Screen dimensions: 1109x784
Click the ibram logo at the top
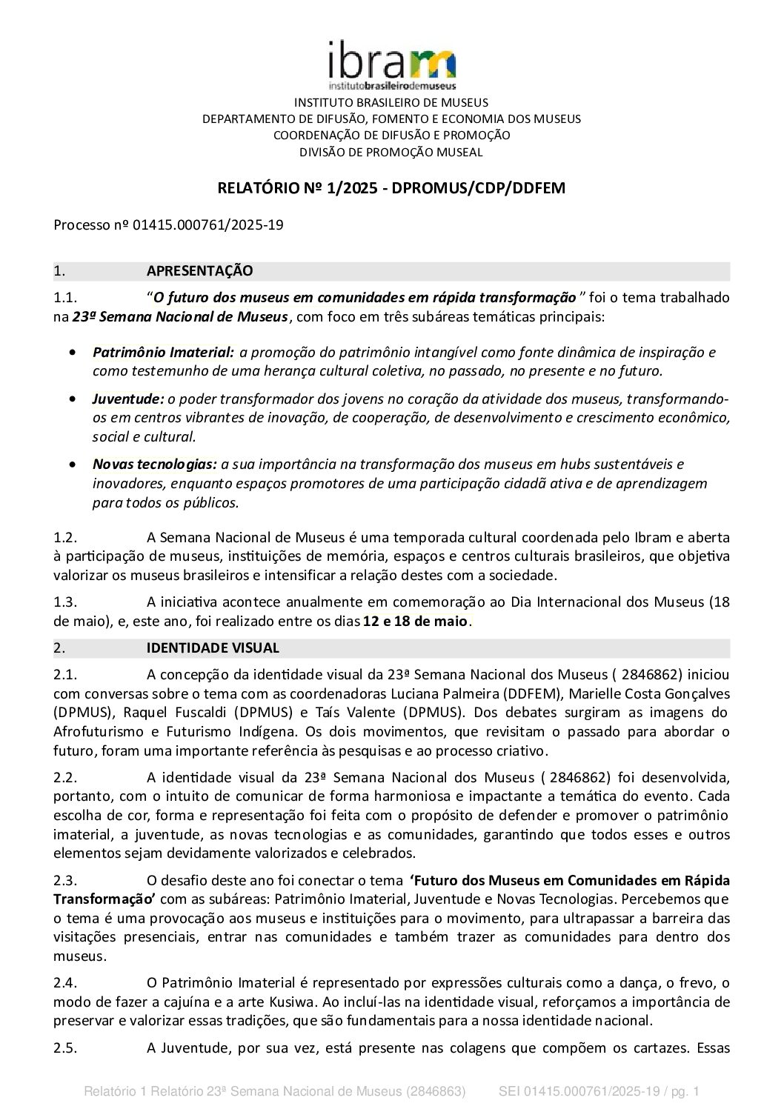click(391, 65)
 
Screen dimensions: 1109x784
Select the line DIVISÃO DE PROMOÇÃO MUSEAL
click(391, 153)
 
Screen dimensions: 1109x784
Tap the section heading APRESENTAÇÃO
click(199, 271)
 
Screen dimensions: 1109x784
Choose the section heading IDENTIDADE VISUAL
click(213, 648)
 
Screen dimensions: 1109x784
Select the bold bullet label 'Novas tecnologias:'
click(154, 464)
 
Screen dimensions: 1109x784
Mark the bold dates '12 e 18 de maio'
click(415, 621)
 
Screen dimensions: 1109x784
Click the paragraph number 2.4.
click(65, 984)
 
